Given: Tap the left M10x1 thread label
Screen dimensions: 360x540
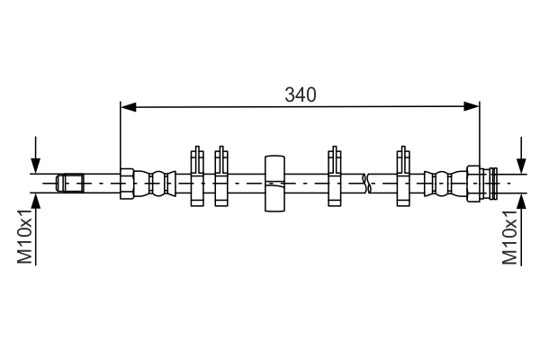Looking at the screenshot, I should [x=24, y=237].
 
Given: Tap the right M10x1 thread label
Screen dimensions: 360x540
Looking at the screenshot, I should [x=509, y=237].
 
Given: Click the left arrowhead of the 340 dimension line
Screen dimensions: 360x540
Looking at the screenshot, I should [x=128, y=107].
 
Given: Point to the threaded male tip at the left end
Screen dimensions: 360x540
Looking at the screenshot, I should [x=70, y=183].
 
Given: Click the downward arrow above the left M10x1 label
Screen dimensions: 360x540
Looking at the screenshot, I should [x=35, y=162].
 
